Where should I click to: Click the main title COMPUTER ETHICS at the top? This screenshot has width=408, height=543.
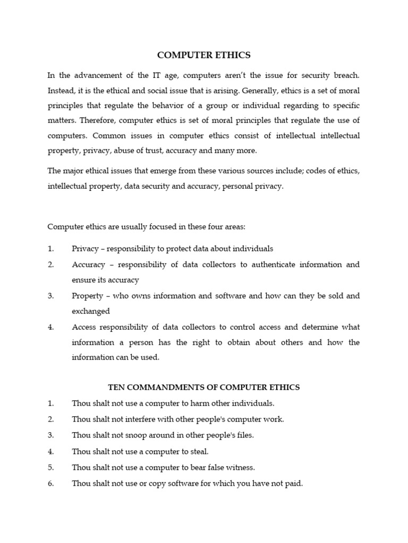click(x=204, y=55)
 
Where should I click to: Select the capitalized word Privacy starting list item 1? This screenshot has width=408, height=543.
click(x=85, y=249)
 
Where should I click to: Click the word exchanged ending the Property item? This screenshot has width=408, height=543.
click(x=90, y=311)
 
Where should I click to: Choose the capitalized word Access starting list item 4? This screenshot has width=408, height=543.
click(x=84, y=327)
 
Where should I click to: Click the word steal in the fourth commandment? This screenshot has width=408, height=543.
click(x=198, y=451)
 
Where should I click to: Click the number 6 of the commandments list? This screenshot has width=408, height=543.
click(x=50, y=483)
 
